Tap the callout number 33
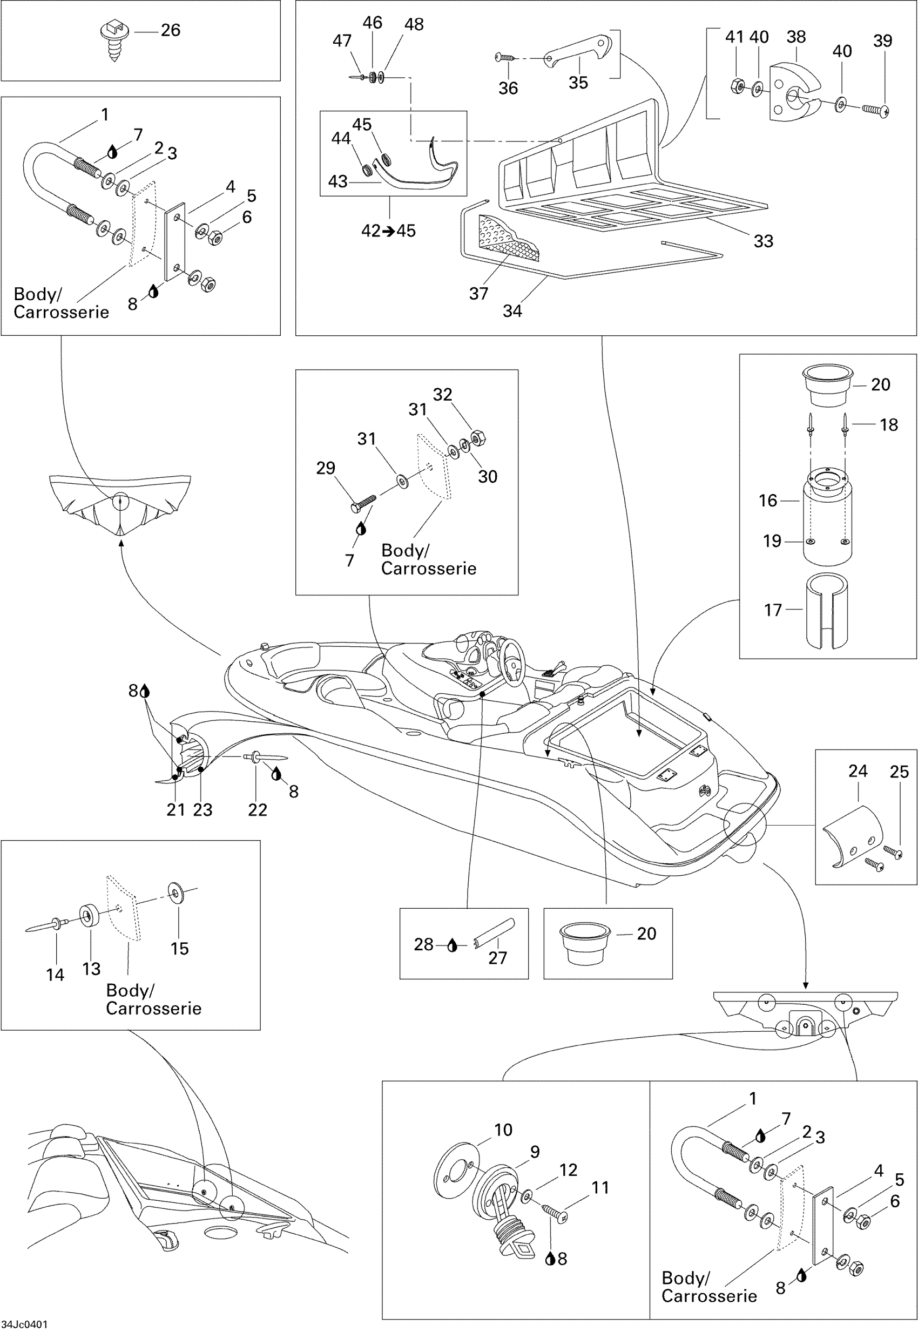(x=762, y=241)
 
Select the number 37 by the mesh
(x=478, y=294)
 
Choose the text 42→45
(x=388, y=231)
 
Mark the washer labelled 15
(x=174, y=891)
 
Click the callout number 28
(x=423, y=944)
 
